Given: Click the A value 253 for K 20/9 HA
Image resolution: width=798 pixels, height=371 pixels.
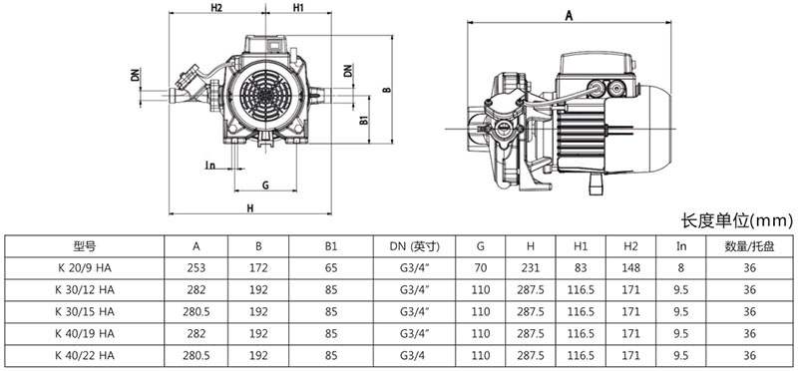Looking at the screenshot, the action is pyautogui.click(x=196, y=268).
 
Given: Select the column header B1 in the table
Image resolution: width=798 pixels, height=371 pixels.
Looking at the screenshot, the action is pyautogui.click(x=331, y=246).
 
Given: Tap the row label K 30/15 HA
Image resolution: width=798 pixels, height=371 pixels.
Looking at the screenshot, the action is pyautogui.click(x=85, y=312).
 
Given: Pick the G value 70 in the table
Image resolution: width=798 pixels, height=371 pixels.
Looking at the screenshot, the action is pyautogui.click(x=481, y=268).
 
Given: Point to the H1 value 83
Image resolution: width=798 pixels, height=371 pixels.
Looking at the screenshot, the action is pyautogui.click(x=581, y=268).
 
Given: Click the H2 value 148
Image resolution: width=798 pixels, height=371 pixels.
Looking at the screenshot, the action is pyautogui.click(x=630, y=268).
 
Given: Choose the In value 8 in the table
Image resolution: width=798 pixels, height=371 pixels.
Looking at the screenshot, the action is pyautogui.click(x=681, y=268).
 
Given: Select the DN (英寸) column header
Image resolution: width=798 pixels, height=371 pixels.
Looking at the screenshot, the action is pyautogui.click(x=414, y=246).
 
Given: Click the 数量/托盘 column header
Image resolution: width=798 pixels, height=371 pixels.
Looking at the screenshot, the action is pyautogui.click(x=749, y=246).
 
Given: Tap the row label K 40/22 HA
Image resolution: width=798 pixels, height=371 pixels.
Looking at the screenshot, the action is pyautogui.click(x=85, y=356).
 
